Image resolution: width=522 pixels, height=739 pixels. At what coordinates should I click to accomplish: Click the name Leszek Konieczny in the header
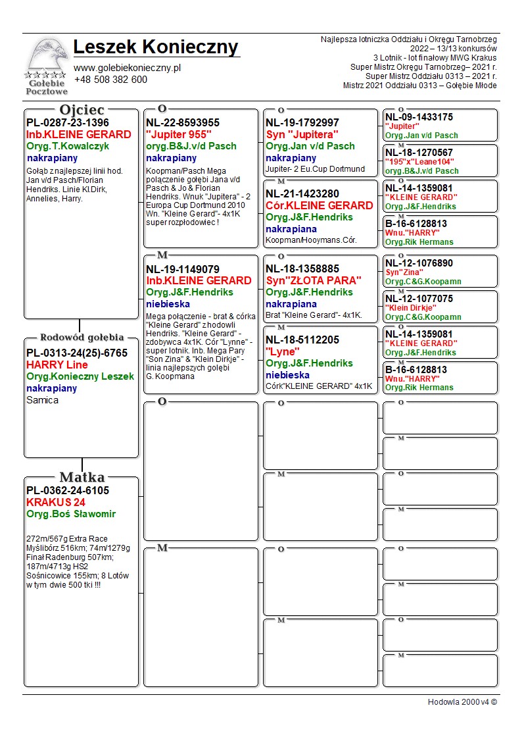pos(156,47)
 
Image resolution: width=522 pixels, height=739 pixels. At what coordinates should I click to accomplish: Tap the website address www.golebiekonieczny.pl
pos(127,68)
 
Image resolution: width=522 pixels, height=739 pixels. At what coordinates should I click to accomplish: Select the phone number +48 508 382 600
pos(110,80)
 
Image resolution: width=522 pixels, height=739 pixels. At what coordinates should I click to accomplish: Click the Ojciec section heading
pos(82,110)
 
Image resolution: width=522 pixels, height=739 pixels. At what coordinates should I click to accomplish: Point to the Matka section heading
pos(82,477)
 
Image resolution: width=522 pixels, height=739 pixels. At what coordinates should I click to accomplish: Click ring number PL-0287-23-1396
pos(68,123)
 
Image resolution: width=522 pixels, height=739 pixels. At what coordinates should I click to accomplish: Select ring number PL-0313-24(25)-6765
pos(77,353)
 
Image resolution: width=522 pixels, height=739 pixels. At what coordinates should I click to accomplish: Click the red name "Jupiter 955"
pos(179,134)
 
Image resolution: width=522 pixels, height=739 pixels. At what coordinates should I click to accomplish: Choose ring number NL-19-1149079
pos(183,269)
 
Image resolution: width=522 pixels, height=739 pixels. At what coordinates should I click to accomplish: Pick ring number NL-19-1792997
pos(302,123)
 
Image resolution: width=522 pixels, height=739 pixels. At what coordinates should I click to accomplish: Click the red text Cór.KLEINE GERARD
pos(319,205)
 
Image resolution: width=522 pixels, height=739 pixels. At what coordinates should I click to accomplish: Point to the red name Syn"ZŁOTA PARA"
pos(314,280)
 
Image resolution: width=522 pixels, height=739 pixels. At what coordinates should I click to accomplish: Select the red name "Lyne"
pos(283,351)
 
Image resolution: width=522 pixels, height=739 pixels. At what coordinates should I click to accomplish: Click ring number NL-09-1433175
pos(419,117)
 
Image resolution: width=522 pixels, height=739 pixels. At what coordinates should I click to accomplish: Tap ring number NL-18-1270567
pos(419,153)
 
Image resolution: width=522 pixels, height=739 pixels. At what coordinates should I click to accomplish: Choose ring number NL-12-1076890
pos(419,263)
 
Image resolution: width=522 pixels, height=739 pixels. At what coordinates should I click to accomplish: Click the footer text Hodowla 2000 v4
pos(462,701)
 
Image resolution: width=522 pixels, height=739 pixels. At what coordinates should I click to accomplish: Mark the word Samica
pos(42,400)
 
